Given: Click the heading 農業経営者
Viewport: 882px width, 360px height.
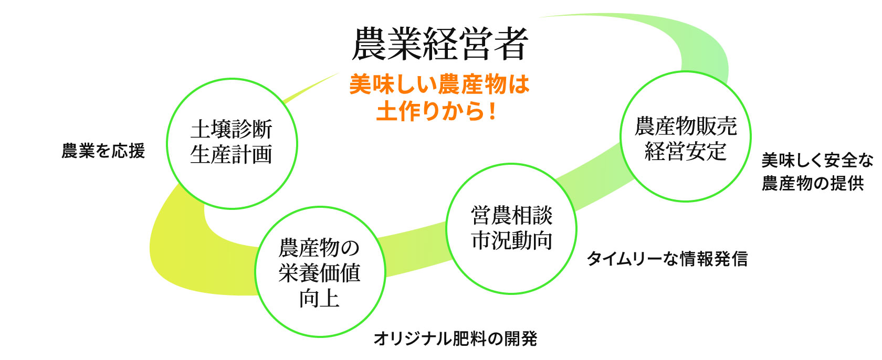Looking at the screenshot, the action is [439, 44].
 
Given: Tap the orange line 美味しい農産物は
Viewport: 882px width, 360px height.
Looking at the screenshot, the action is [439, 84].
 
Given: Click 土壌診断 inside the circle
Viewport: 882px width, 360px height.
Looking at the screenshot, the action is [232, 129].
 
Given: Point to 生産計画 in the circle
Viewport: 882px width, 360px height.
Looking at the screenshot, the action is [232, 154].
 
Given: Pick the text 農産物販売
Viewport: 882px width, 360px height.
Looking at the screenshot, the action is [686, 126].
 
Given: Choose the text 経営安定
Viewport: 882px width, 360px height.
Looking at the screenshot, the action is [686, 151].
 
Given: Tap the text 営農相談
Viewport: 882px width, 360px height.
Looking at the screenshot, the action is [511, 215].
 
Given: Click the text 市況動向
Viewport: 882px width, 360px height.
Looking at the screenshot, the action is [511, 240].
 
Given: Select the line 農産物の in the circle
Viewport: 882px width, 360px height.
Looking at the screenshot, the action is [319, 248].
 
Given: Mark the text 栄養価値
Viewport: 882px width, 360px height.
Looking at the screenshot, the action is [319, 273].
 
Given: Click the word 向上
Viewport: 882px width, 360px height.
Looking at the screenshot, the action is [319, 298].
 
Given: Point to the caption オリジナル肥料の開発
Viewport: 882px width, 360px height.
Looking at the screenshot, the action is [455, 339].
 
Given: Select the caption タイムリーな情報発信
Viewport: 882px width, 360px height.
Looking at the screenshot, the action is [667, 259].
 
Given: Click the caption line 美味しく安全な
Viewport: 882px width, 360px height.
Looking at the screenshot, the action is [817, 161].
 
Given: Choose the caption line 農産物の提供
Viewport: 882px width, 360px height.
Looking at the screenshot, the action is [813, 183].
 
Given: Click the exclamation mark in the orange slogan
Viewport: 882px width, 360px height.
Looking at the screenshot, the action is [492, 111].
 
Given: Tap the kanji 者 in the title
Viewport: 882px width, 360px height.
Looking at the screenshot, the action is [511, 44].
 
